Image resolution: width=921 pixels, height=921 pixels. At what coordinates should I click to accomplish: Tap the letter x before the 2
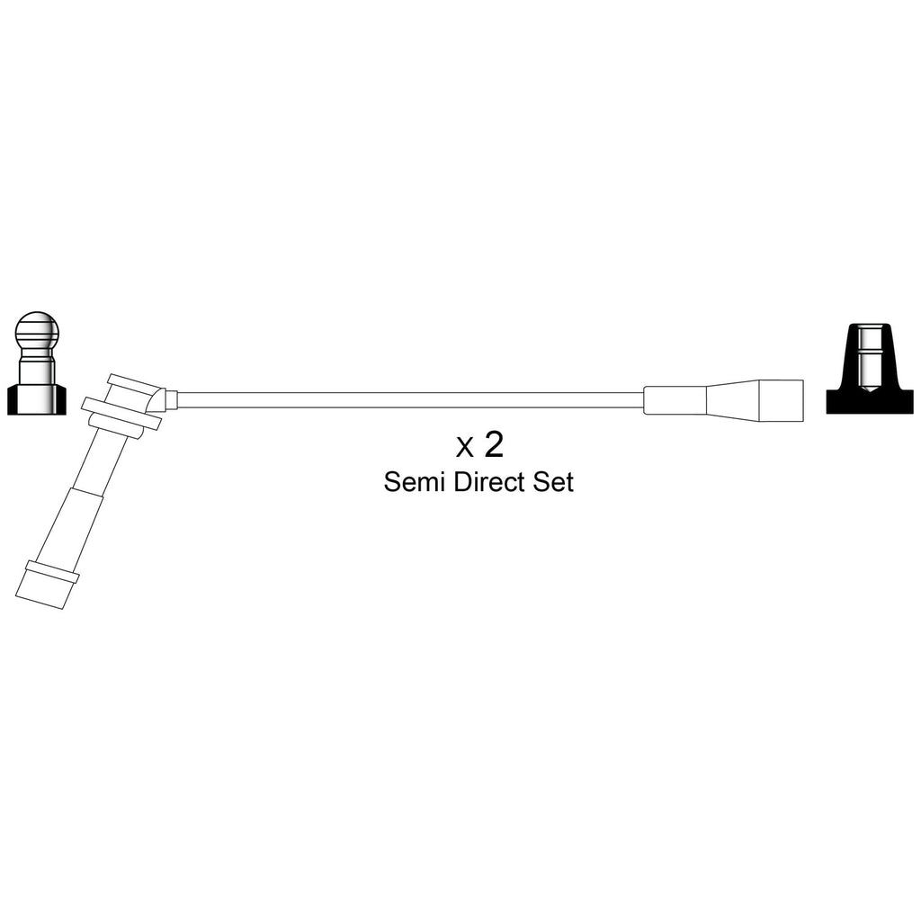465,450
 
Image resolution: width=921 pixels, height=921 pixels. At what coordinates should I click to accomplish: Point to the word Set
553,482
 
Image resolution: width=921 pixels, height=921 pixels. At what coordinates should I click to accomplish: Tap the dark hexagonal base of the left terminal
36,400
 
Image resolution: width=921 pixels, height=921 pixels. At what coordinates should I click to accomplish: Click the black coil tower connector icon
870,368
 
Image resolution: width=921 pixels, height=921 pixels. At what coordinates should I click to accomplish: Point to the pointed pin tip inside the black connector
870,389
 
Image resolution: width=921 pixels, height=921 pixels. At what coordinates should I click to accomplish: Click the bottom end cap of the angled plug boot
47,585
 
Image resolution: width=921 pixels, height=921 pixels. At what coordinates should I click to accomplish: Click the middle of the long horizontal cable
410,400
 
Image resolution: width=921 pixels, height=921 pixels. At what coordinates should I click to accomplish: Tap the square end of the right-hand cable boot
781,400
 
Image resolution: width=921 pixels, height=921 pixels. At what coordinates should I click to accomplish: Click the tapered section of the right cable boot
732,400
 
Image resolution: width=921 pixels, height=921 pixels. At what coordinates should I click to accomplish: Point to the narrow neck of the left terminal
36,367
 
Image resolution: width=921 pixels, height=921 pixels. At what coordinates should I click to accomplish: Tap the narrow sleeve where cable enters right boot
675,400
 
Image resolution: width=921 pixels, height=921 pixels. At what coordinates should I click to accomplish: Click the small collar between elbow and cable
172,400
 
